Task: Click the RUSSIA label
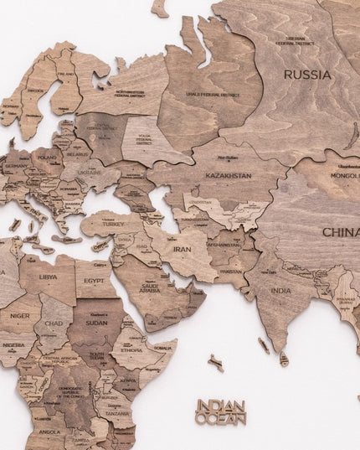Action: pyautogui.click(x=306, y=75)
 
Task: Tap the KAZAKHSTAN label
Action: pyautogui.click(x=228, y=176)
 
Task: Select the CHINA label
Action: pyautogui.click(x=341, y=232)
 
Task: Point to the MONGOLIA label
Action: pyautogui.click(x=344, y=177)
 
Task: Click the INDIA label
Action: pyautogui.click(x=281, y=291)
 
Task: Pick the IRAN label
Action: pyautogui.click(x=182, y=248)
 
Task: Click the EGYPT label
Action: pyautogui.click(x=95, y=281)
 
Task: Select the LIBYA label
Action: pyautogui.click(x=49, y=277)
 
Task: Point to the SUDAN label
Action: pyautogui.click(x=96, y=322)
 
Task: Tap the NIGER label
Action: pyautogui.click(x=20, y=317)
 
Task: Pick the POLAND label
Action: pyautogui.click(x=46, y=157)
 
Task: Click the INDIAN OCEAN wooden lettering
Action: pyautogui.click(x=221, y=411)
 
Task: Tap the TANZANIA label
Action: pyautogui.click(x=116, y=413)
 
